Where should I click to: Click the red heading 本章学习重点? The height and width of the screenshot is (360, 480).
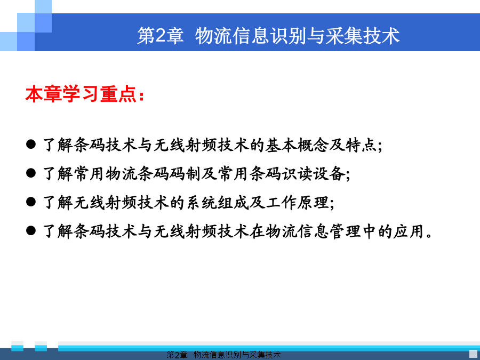[81, 94]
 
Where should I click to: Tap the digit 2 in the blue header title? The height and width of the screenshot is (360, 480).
[161, 36]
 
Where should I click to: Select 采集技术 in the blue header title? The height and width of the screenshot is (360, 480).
[363, 36]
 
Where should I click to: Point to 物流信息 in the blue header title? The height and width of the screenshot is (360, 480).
[233, 36]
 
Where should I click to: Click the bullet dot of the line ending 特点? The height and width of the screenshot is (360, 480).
[31, 144]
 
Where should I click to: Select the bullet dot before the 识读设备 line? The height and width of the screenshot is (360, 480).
[31, 173]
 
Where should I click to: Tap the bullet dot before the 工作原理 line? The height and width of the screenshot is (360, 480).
[31, 202]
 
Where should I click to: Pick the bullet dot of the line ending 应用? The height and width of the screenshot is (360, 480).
[31, 230]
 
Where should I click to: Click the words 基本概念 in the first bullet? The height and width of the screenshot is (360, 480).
[297, 145]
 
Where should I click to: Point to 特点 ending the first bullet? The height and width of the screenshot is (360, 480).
[361, 145]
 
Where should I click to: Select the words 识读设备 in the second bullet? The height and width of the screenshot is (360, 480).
[313, 173]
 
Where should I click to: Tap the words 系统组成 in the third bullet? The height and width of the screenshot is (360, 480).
[217, 202]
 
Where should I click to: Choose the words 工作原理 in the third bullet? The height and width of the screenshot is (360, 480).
[297, 202]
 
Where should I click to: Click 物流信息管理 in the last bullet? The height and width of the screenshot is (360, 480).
[313, 231]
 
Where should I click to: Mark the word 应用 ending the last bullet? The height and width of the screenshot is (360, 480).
[409, 231]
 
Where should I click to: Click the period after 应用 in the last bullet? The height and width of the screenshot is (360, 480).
[430, 236]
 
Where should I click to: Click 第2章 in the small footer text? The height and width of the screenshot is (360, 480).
[177, 355]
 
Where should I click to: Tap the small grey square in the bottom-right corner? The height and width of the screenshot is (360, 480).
[473, 354]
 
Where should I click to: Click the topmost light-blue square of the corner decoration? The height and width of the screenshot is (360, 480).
[43, 6]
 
